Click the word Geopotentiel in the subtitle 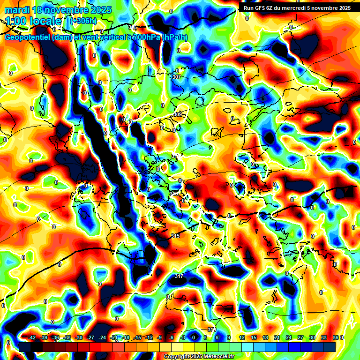[x=28, y=37]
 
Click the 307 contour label [x=177, y=77]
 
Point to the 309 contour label [x=178, y=114]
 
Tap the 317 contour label [x=179, y=276]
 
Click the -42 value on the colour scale [x=32, y=337]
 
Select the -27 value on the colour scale [x=90, y=337]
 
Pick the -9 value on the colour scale [x=159, y=337]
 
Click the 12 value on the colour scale [x=242, y=337]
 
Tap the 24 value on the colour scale [x=288, y=337]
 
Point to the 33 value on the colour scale [x=323, y=337]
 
